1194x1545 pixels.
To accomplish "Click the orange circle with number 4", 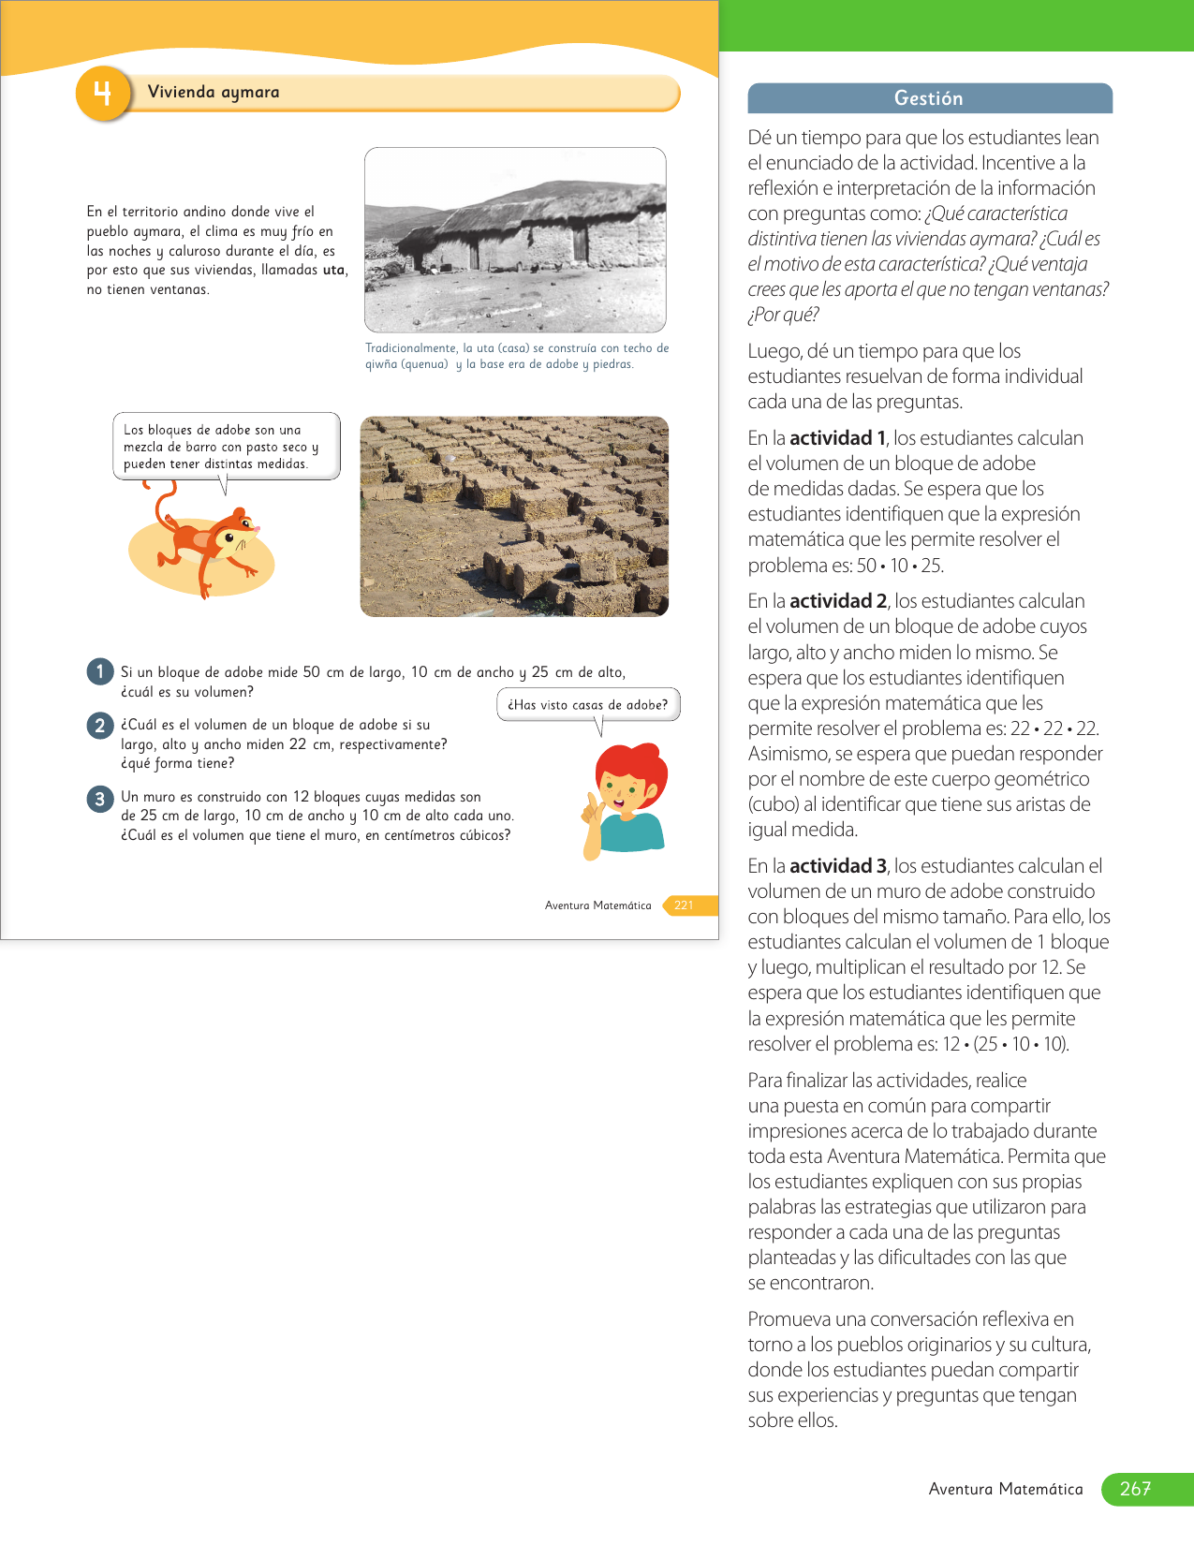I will (x=102, y=94).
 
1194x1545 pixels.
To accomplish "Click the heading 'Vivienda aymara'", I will (x=214, y=92).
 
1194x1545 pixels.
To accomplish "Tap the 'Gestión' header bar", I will (x=929, y=98).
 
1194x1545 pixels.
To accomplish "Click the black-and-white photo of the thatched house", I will (x=515, y=240).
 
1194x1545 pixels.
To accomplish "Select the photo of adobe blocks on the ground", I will (x=514, y=516).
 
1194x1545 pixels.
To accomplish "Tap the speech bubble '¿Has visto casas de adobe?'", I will (x=587, y=705).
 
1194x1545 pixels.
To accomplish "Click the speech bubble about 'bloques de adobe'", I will (x=226, y=447).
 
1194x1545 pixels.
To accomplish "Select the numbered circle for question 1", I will (x=99, y=671).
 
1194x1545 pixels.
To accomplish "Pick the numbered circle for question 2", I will (x=99, y=725).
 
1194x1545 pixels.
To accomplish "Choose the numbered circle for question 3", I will (x=99, y=799).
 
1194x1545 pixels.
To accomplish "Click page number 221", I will (x=684, y=905).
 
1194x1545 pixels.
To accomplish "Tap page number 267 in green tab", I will (x=1135, y=1489).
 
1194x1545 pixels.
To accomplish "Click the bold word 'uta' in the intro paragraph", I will (x=333, y=270).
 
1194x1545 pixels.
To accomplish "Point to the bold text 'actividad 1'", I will (x=837, y=438).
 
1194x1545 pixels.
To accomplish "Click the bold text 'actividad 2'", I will (x=837, y=601).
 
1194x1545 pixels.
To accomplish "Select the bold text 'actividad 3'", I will (x=837, y=866).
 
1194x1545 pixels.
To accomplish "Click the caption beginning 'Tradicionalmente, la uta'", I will (x=516, y=356).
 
